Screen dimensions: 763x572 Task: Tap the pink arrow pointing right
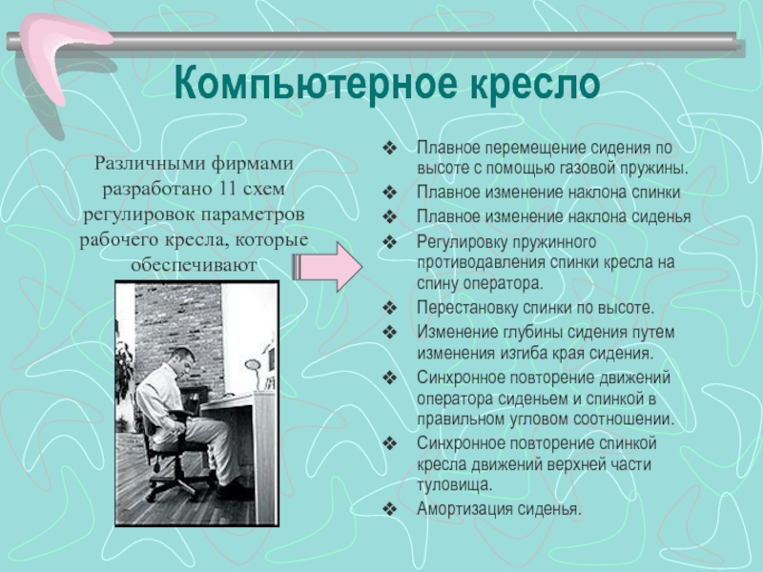327,267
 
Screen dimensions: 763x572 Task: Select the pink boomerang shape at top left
61,53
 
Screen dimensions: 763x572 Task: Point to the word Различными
148,163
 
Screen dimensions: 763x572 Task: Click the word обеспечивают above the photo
194,265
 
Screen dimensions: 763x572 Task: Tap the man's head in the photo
182,359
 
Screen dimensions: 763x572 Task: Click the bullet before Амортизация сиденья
390,509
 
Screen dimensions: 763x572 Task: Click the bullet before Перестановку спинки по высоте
390,307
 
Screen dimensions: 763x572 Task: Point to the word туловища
455,485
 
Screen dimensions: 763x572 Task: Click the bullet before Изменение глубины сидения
390,332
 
